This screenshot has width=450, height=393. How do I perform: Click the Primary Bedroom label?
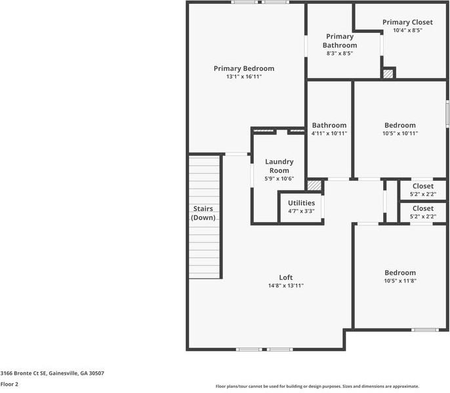coord(244,68)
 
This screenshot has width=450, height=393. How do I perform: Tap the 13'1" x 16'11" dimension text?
coord(244,77)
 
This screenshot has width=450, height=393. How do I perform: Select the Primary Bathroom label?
coord(339,41)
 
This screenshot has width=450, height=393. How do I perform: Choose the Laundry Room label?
coord(279,166)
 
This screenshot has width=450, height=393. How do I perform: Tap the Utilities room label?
coord(301,203)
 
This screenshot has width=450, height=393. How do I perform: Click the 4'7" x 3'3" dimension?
coord(301,212)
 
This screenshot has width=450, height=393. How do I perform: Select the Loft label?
coord(285,277)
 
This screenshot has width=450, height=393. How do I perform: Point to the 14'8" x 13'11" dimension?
coord(285,286)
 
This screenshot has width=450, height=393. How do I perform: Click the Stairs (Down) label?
coord(203,213)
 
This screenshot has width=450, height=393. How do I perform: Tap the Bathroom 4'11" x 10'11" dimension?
coord(329,133)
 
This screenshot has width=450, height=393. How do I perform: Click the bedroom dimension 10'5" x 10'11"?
coord(399,133)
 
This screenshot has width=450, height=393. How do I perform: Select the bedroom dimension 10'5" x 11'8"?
coord(399,281)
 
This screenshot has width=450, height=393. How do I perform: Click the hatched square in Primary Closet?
coord(388,74)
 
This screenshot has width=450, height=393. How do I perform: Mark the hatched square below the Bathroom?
coord(315,185)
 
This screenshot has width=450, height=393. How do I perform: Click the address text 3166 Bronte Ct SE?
coord(52,373)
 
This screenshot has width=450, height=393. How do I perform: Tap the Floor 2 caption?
coord(9,384)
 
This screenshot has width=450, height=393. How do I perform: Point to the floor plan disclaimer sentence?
coord(317,386)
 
